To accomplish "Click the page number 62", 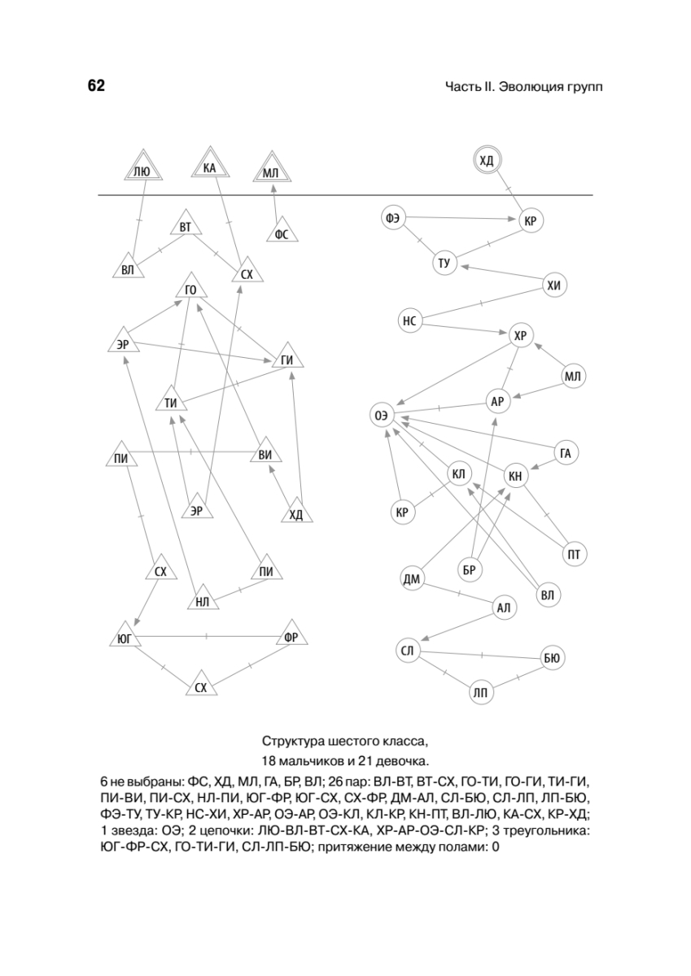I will (x=96, y=86).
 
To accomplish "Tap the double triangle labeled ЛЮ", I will (x=141, y=169).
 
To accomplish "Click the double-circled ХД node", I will (x=487, y=160).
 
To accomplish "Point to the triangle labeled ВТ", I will (x=186, y=226).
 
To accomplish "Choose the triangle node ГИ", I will (x=286, y=360).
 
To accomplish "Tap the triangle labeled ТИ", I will (x=171, y=402).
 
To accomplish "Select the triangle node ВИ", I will (x=265, y=454).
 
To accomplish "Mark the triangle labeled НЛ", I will (x=203, y=601).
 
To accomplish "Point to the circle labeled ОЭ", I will (x=381, y=415).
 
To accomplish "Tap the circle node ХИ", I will (x=554, y=285).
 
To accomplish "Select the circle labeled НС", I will (x=409, y=321).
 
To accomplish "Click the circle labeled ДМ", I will (x=412, y=579).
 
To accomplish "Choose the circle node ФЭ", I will (x=392, y=217).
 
